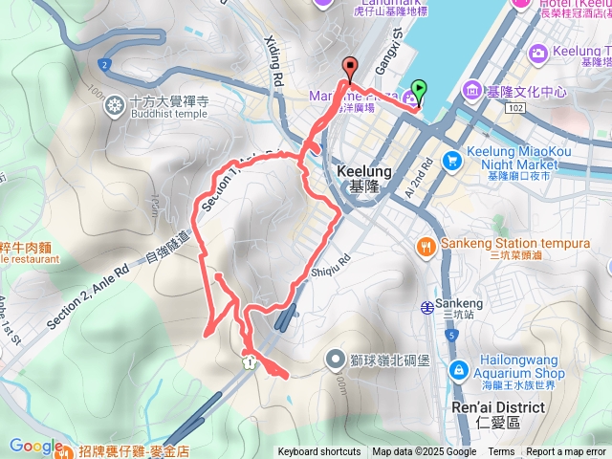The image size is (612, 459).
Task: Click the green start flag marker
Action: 420,94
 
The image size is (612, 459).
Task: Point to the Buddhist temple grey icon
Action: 115,104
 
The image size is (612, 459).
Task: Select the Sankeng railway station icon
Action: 426,306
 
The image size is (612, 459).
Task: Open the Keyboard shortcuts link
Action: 319,452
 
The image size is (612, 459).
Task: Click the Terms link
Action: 501,452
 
